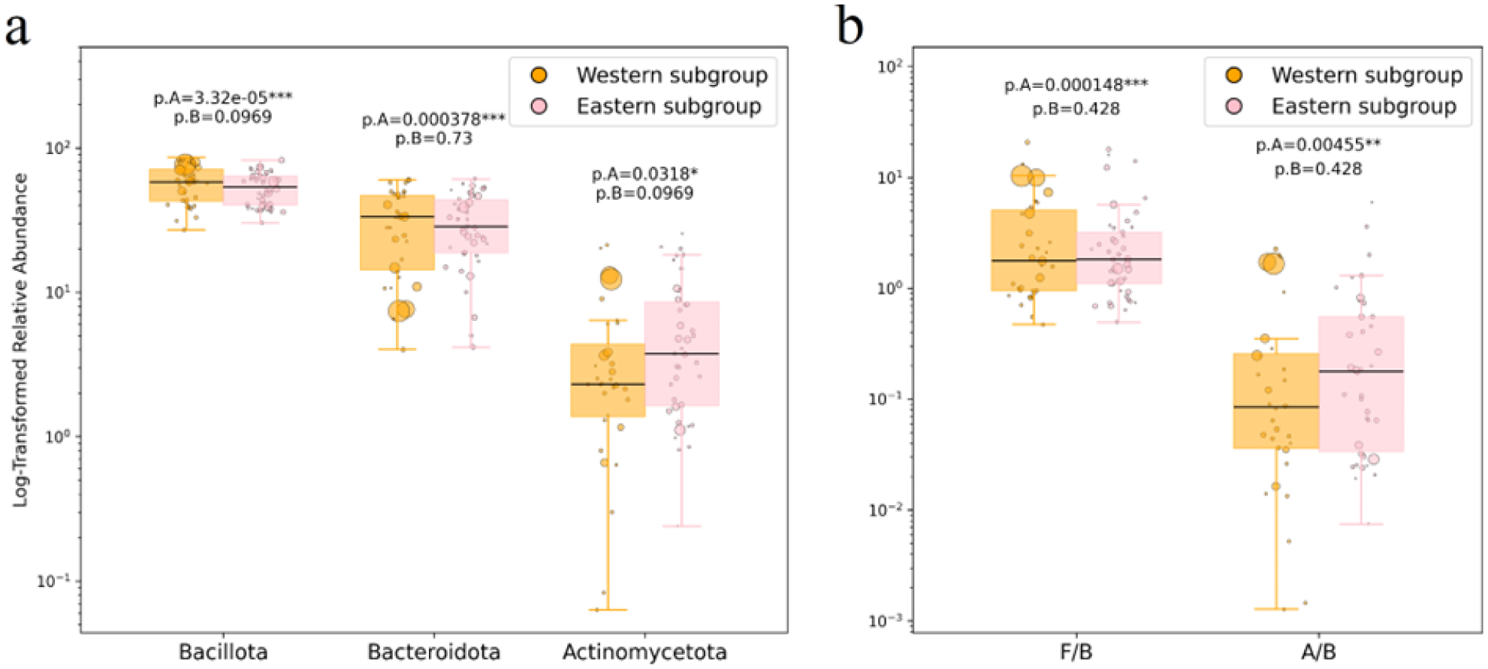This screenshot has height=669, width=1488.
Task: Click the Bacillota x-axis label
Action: [223, 651]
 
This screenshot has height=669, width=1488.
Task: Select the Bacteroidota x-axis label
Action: [433, 651]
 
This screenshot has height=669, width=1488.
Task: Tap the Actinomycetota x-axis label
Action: [644, 651]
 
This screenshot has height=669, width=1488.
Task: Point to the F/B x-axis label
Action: [1076, 651]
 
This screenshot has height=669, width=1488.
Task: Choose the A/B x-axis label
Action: [1317, 651]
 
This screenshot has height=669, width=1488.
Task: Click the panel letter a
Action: [17, 30]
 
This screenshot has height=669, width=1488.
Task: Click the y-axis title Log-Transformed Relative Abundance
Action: [20, 340]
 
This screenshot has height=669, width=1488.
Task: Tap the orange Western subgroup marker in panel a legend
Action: [539, 75]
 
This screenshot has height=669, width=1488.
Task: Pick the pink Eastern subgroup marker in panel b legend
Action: [1233, 107]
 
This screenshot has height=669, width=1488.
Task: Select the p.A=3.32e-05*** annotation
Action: [222, 97]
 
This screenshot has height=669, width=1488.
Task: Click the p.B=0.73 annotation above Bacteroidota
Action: [433, 138]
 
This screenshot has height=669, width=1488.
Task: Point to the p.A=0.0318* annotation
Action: [644, 174]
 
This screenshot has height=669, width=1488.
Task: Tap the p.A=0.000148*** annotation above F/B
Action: [1076, 85]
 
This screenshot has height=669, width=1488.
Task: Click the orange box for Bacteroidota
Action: [397, 241]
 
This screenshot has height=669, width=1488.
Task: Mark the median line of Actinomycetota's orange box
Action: [608, 384]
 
